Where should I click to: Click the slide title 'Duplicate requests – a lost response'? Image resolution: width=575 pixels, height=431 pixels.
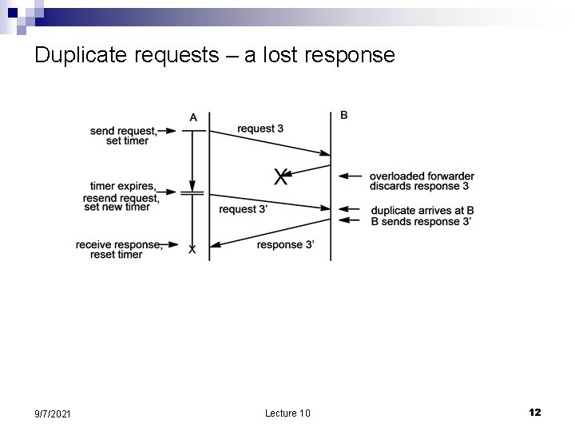point(215,55)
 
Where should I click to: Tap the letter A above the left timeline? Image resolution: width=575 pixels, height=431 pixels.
point(193,117)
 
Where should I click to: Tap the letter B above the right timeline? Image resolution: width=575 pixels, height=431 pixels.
point(344,115)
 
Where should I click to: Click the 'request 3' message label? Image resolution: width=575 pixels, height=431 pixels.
point(260,129)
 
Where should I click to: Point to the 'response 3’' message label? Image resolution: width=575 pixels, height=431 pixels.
point(285,244)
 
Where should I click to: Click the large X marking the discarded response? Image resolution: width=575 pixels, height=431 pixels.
point(280,177)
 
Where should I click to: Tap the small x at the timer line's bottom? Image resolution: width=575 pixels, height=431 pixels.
point(192,250)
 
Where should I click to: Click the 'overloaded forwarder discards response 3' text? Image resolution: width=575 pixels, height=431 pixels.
point(422,181)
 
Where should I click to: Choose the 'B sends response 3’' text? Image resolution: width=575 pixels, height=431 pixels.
point(421,221)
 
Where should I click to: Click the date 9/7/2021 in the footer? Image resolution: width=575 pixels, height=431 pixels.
point(52,413)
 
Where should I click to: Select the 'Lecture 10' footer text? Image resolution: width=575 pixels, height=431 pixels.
point(287,413)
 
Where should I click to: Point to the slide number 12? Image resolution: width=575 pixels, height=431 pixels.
point(534,412)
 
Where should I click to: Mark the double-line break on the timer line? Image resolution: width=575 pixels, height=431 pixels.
point(192,192)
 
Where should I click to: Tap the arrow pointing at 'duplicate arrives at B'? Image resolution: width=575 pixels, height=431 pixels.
point(351,211)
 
